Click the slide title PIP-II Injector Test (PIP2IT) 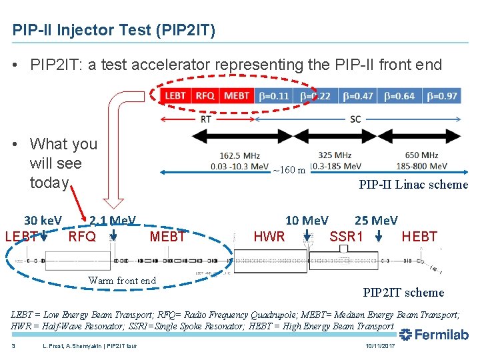point(113,31)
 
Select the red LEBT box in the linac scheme point(175,96)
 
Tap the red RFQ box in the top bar point(205,96)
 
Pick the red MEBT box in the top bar point(237,96)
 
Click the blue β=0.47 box point(358,96)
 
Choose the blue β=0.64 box point(399,96)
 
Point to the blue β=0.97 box point(442,96)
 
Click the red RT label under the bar point(207,119)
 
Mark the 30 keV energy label point(43,221)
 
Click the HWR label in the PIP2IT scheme point(269,237)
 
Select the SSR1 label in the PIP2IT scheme point(347,237)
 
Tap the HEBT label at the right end point(419,237)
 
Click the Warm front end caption point(122,281)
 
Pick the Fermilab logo point(433,335)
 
